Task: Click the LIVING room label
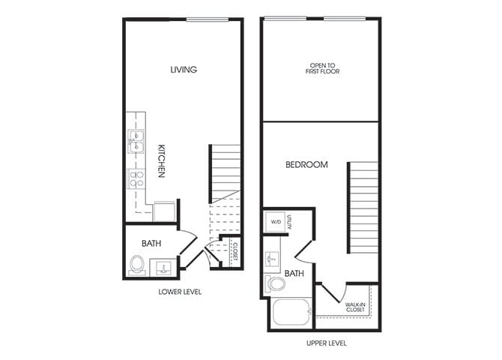(x=184, y=70)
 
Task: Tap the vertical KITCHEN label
(x=161, y=161)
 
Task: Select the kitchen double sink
(x=136, y=141)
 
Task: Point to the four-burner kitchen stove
(x=136, y=178)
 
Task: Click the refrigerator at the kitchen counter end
(x=165, y=210)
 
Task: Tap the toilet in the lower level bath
(x=137, y=264)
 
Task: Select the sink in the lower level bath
(x=163, y=267)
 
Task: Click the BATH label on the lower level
(x=152, y=243)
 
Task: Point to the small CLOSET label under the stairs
(x=235, y=250)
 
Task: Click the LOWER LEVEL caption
(x=180, y=291)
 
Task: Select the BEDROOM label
(x=306, y=164)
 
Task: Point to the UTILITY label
(x=288, y=221)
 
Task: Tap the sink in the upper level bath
(x=270, y=256)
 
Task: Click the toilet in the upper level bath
(x=275, y=284)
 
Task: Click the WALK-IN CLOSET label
(x=355, y=307)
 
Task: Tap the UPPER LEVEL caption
(x=327, y=343)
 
